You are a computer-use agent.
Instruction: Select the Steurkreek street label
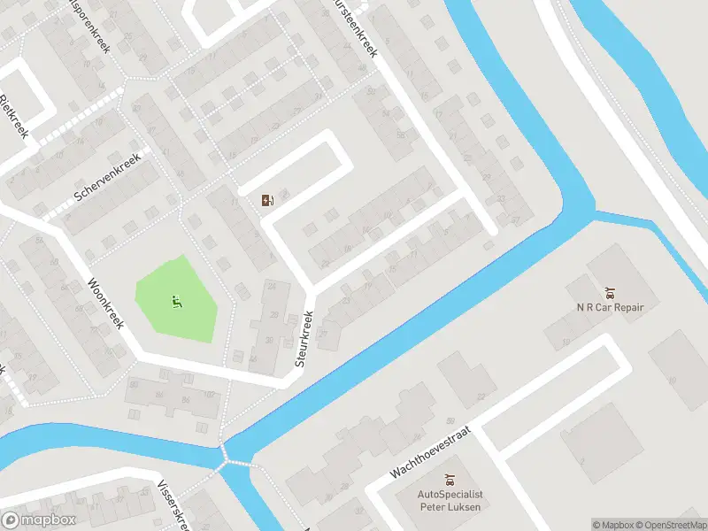click(305, 339)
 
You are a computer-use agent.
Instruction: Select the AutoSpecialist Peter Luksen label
click(451, 501)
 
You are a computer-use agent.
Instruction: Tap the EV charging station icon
click(267, 200)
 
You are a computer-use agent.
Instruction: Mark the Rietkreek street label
click(15, 115)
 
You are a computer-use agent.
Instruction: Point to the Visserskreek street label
click(173, 505)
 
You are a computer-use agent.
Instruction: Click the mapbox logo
click(38, 520)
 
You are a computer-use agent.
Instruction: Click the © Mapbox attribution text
click(614, 525)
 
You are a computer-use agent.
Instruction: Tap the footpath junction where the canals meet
click(236, 460)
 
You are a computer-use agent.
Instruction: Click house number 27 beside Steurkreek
click(323, 335)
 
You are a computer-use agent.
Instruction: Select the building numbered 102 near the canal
click(209, 396)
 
